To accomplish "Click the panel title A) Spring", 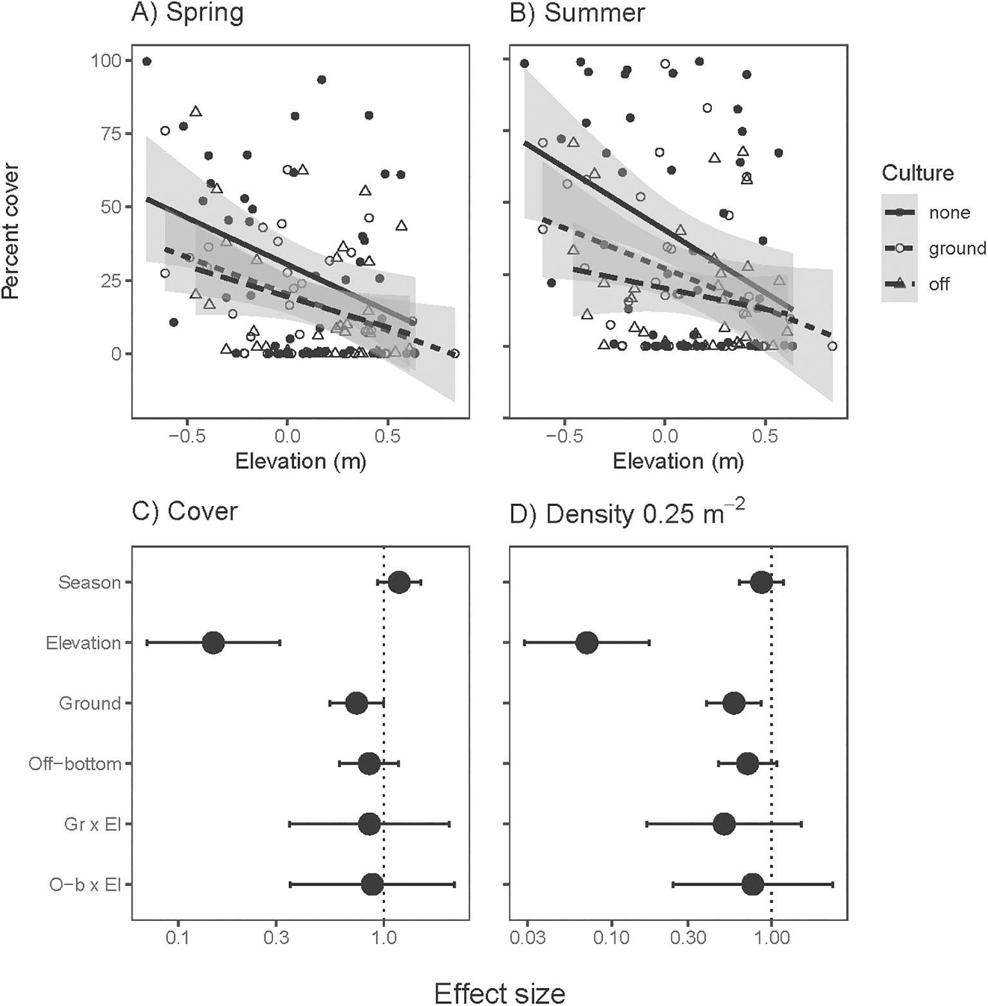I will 187,13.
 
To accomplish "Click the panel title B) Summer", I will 577,13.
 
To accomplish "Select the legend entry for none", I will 949,213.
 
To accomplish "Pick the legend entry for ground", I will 956,249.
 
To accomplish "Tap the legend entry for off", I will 939,284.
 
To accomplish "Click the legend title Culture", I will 917,173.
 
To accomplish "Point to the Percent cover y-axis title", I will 11,231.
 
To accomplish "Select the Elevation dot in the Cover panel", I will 213,643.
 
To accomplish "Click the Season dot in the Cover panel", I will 399,582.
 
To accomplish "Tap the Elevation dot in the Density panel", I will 587,643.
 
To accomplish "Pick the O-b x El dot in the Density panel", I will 752,884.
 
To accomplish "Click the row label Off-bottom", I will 75,764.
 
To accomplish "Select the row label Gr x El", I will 92,824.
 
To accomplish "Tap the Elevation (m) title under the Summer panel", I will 678,461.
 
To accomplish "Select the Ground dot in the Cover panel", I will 357,703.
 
